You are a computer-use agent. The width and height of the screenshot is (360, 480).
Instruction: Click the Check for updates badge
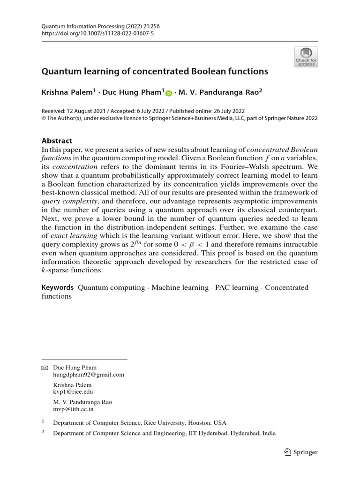306,57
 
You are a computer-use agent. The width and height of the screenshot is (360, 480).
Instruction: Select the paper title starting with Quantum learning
155,72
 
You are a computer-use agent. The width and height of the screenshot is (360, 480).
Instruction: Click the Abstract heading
57,141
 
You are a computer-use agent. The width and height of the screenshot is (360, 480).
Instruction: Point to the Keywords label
58,287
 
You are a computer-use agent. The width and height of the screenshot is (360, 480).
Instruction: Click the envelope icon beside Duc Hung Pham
45,368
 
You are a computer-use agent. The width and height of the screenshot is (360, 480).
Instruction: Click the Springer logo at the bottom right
301,452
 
